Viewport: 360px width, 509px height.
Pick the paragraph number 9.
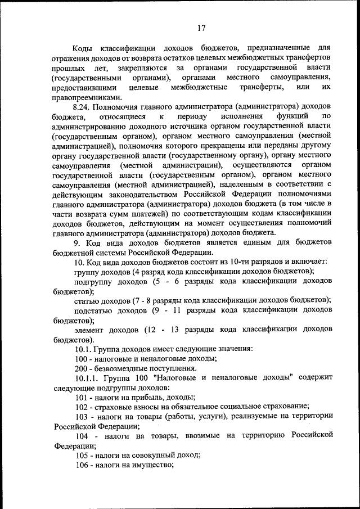pyautogui.click(x=78, y=242)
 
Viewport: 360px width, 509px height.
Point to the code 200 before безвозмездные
pyautogui.click(x=81, y=368)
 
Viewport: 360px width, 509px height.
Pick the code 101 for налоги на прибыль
pyautogui.click(x=81, y=397)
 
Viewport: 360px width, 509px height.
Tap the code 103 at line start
pyautogui.click(x=81, y=416)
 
